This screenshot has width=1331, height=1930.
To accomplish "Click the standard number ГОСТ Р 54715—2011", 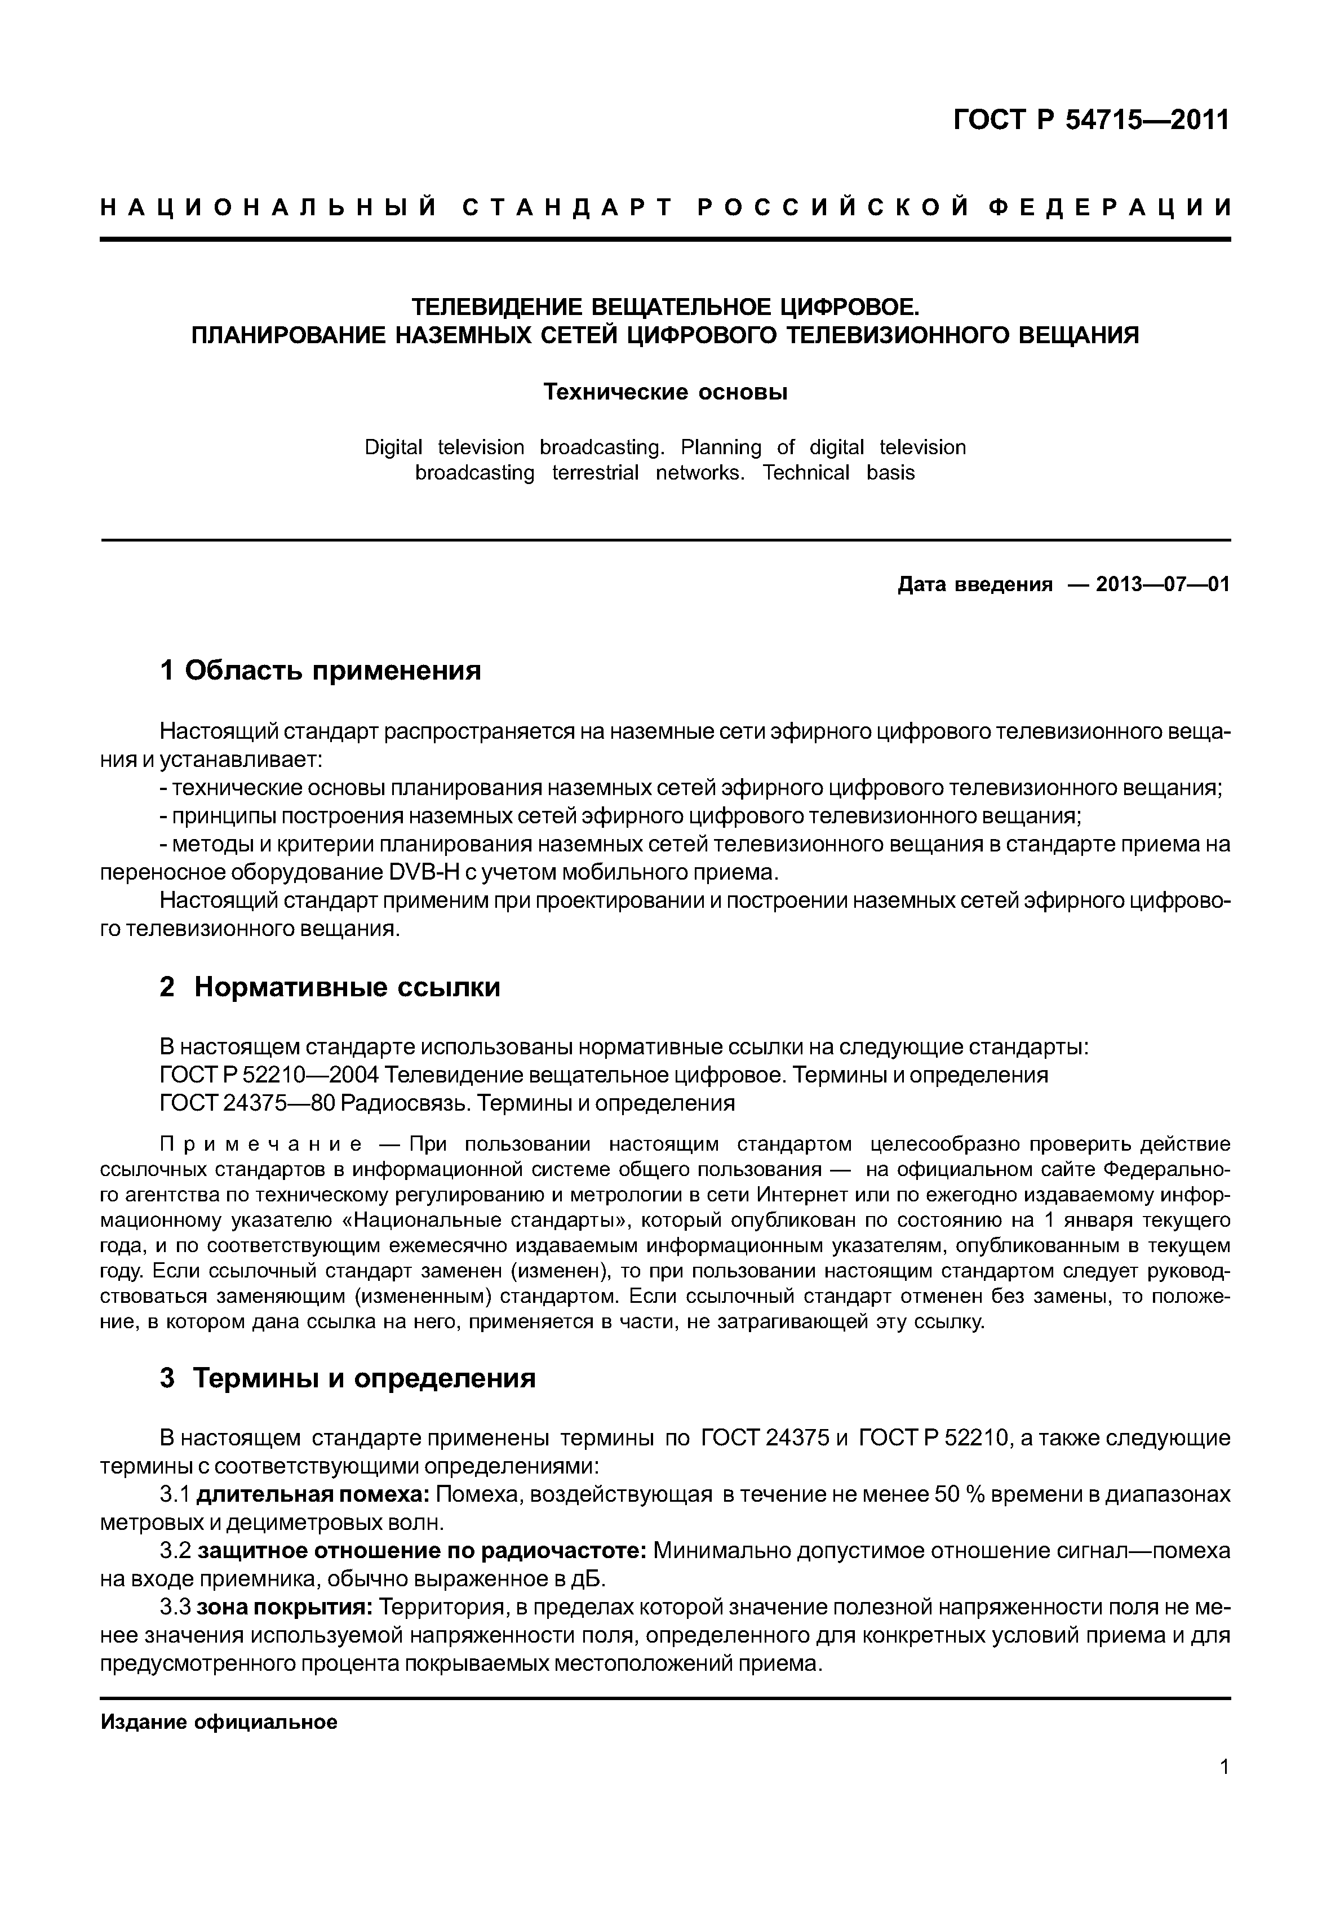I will [x=1091, y=121].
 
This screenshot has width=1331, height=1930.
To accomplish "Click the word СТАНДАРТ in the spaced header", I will [x=567, y=208].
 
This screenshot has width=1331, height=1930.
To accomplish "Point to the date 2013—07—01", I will [x=1163, y=585].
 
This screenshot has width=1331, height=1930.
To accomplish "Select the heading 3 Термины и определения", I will [x=347, y=1378].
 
